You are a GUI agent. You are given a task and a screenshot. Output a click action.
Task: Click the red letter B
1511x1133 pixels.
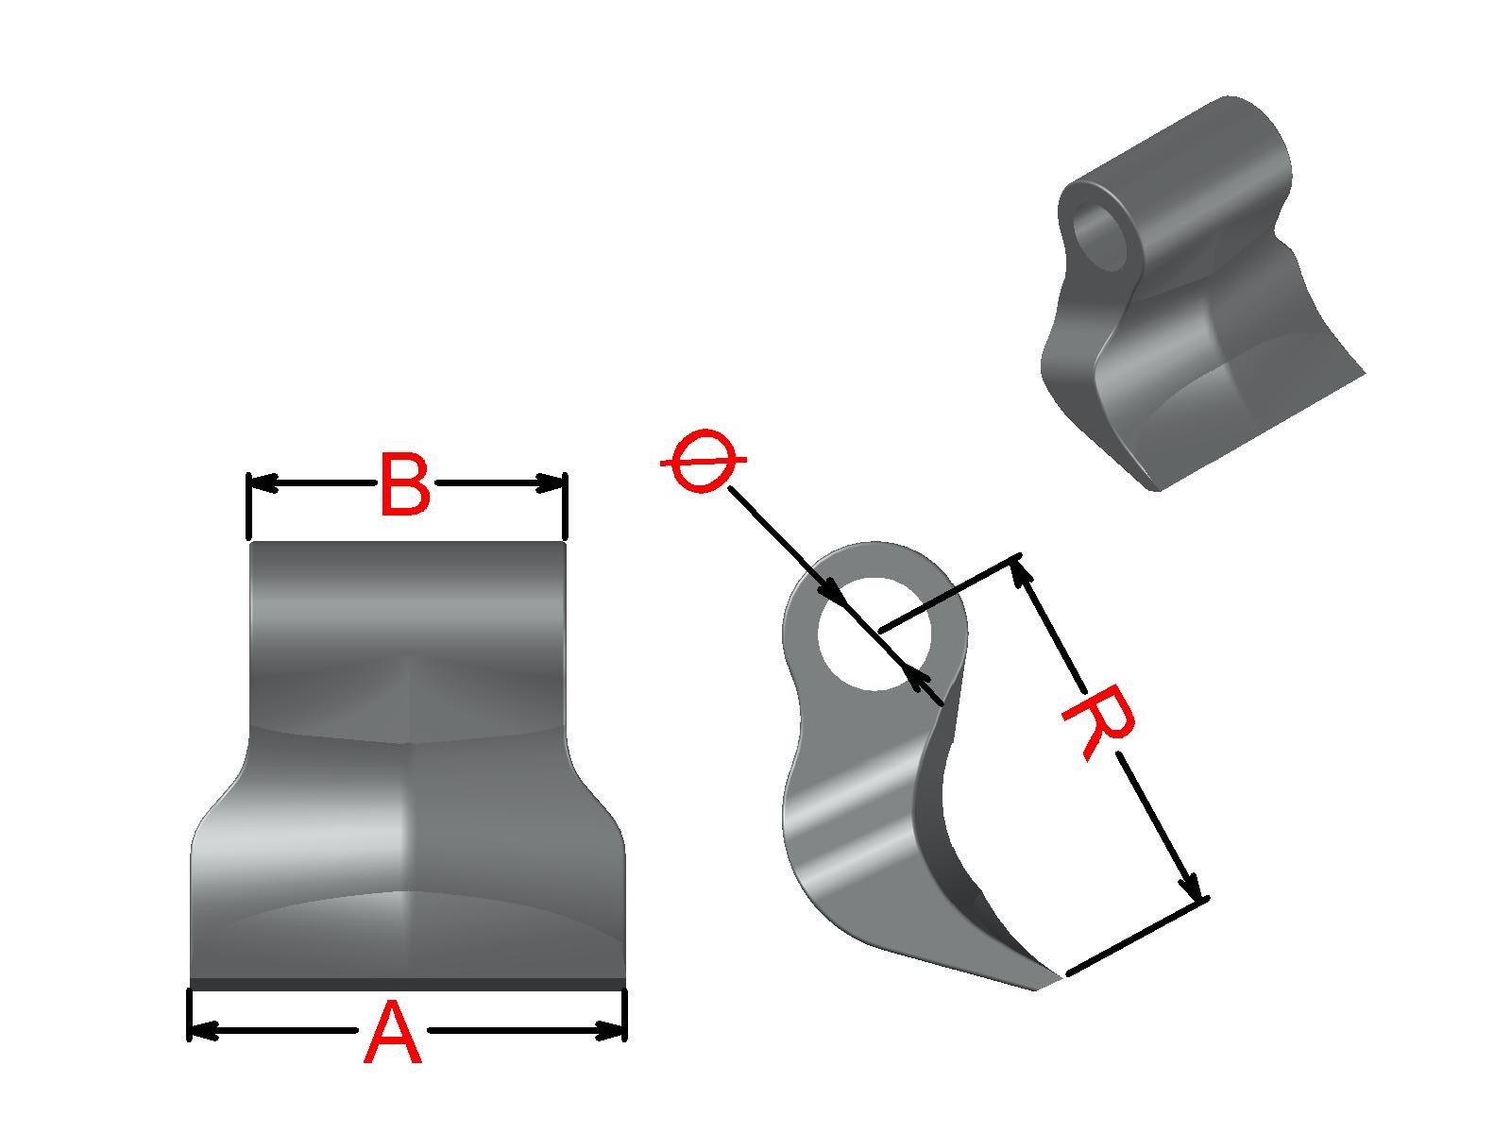tap(405, 484)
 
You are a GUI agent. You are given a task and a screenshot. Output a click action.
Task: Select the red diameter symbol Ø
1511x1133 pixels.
tap(703, 462)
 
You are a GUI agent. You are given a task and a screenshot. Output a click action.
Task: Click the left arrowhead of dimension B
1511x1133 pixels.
tap(263, 483)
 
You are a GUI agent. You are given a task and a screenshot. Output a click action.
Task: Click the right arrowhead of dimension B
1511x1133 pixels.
tap(551, 483)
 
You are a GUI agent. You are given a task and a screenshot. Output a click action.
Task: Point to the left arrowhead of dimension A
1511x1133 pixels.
tap(204, 1031)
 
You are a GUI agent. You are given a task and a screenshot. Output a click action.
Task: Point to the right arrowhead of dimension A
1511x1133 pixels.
tap(609, 1031)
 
